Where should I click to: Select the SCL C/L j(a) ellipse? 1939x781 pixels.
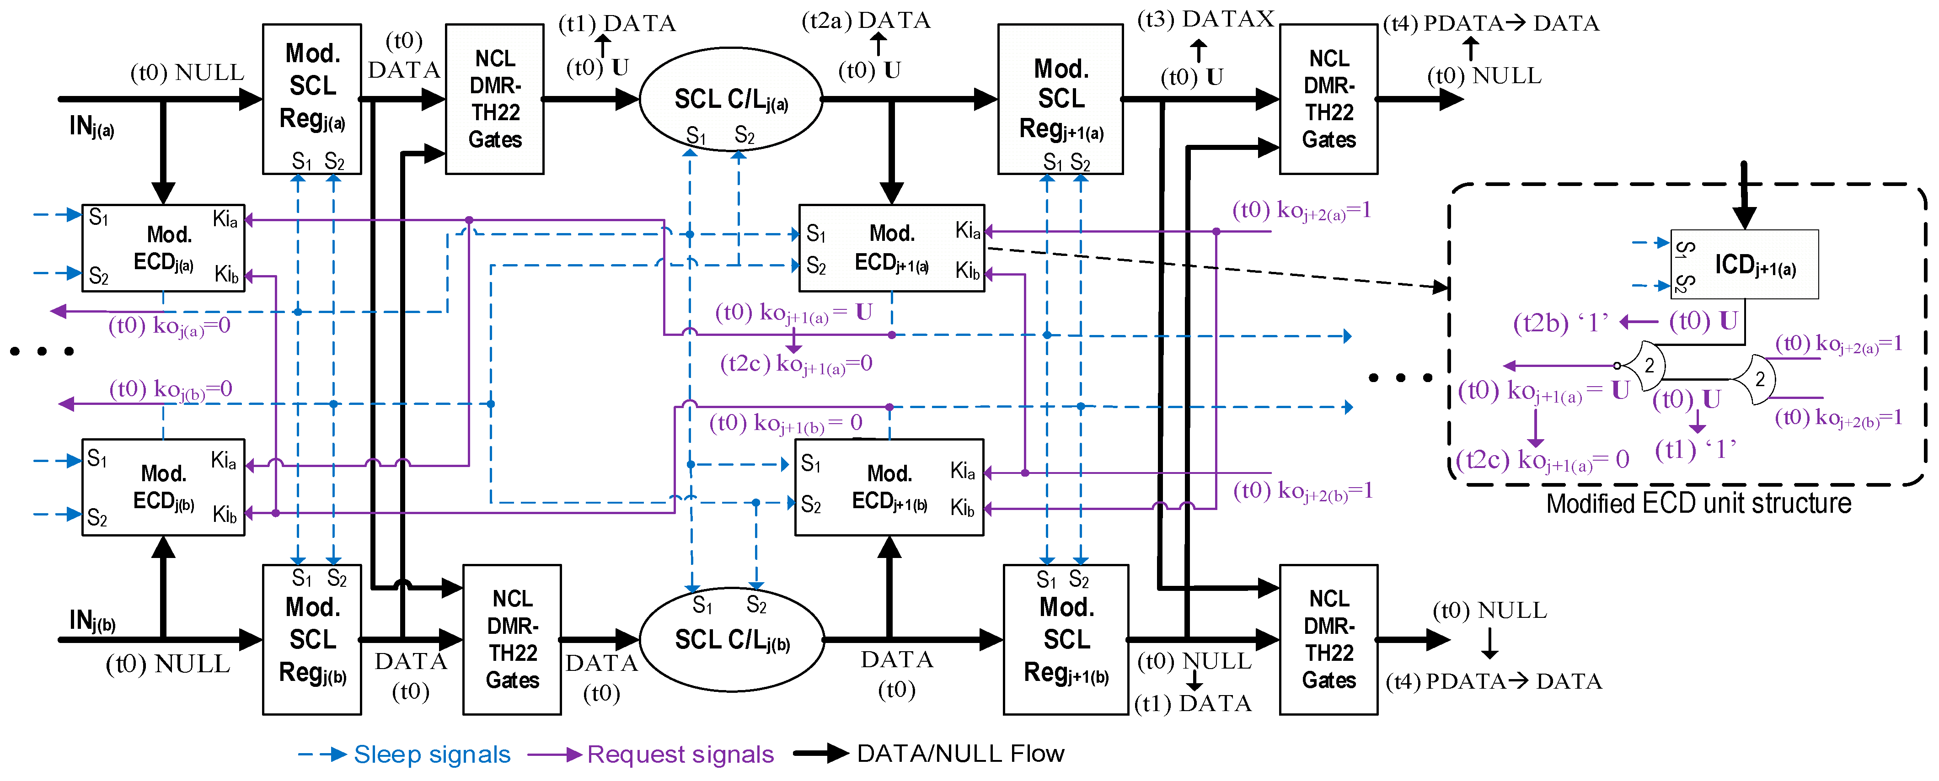point(730,99)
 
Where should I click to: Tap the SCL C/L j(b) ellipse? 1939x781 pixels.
point(732,639)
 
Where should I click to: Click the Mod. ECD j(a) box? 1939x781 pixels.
point(163,248)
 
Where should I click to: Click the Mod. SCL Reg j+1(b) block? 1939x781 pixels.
point(1066,639)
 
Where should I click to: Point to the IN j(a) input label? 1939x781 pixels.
point(91,127)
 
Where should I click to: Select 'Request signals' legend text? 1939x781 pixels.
point(680,754)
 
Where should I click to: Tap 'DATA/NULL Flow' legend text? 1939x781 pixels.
point(960,753)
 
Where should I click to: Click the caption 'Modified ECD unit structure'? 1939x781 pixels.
point(1698,503)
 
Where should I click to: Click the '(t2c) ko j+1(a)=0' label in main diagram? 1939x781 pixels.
point(796,364)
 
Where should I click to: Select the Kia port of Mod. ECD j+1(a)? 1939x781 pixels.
point(967,230)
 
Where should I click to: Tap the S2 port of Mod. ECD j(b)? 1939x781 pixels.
point(97,517)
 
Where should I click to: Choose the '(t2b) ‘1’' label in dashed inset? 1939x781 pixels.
point(1560,323)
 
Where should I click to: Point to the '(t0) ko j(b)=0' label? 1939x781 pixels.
point(171,389)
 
